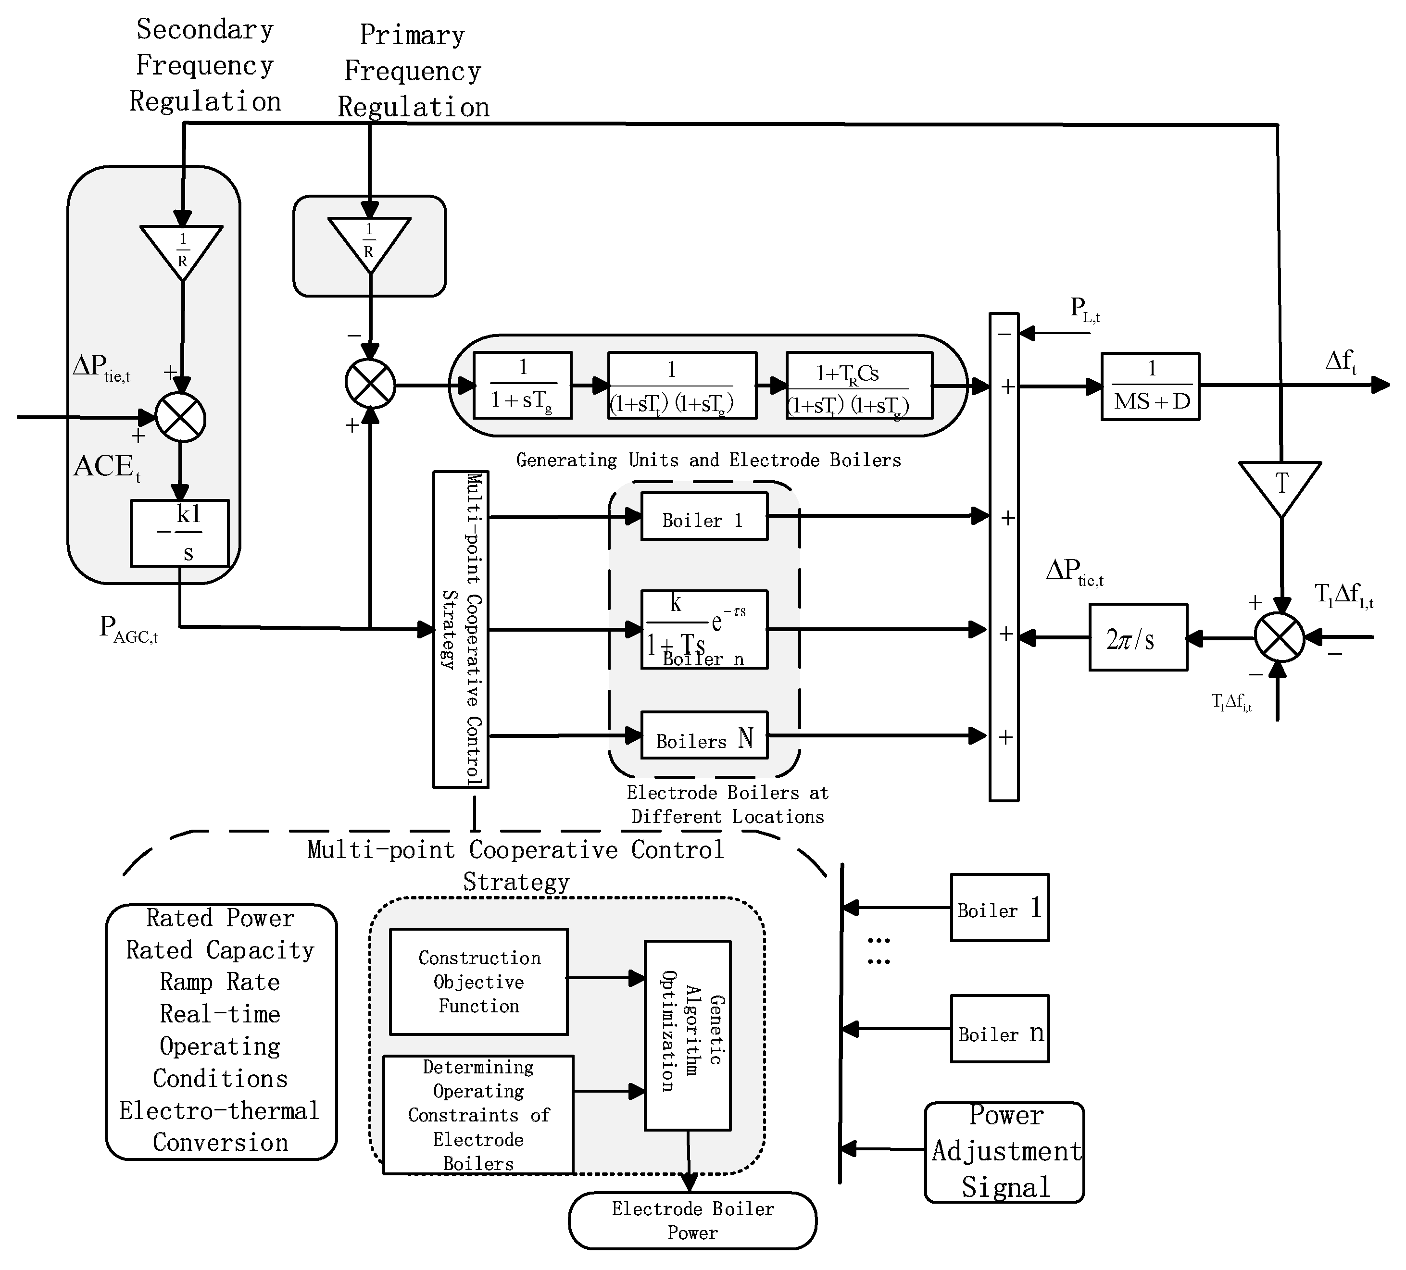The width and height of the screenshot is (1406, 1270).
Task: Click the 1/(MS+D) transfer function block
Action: pos(1150,386)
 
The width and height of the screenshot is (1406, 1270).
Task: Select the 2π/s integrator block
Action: pos(1138,637)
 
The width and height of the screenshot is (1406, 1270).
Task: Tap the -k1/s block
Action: pos(180,533)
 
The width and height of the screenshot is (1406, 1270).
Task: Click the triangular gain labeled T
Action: pos(1280,486)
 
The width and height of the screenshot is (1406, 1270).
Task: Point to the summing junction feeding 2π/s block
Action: pos(1279,637)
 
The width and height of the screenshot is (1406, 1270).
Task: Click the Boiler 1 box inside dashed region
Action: pos(703,516)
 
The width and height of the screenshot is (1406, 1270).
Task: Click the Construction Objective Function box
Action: pos(478,982)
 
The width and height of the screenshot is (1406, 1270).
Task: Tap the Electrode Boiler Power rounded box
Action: pos(692,1220)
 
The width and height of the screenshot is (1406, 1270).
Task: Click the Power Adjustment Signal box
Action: pos(1004,1152)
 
